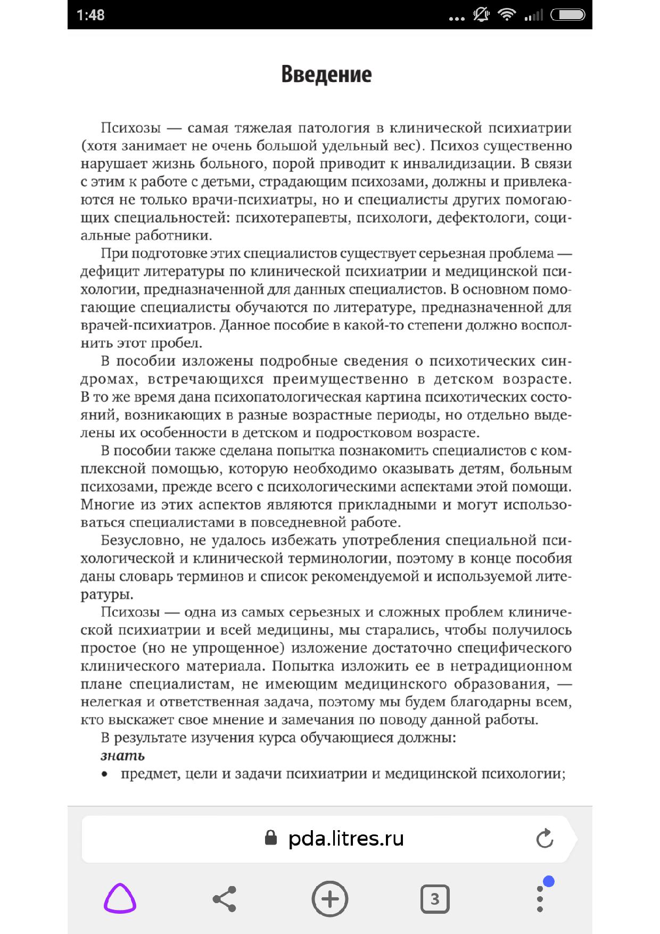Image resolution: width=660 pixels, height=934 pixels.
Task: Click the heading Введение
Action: coord(326,75)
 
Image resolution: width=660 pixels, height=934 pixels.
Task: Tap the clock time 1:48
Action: coord(90,15)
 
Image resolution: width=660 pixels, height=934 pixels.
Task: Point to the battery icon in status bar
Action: coord(568,15)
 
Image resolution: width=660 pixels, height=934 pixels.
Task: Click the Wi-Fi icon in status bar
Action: coord(507,15)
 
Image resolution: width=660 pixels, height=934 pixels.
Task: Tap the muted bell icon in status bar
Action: coord(482,15)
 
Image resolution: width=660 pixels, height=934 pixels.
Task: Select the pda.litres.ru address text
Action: coord(346,839)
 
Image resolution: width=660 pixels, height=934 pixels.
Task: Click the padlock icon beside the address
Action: coord(271,838)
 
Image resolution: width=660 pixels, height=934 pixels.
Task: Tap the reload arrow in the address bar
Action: coord(544,839)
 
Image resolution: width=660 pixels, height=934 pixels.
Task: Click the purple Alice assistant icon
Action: coord(120,899)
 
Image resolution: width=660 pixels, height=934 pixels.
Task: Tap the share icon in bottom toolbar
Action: coord(224,899)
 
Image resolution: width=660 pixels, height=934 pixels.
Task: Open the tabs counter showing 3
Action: coord(435,899)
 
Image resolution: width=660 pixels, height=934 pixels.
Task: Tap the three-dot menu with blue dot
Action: coord(540,899)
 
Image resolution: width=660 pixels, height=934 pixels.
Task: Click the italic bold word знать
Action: coord(122,756)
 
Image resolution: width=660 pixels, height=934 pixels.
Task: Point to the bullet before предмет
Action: coord(104,774)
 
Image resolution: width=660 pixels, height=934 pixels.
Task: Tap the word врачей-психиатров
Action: coord(148,325)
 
